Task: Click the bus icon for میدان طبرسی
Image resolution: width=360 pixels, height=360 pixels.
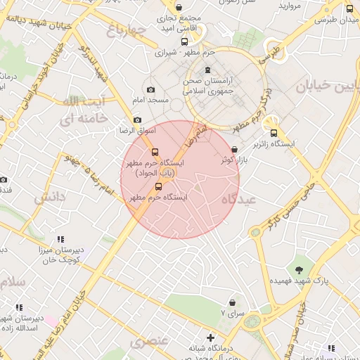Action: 349,9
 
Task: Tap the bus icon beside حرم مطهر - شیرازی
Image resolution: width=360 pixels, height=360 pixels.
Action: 185,42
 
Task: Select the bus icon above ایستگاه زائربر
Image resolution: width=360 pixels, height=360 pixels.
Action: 274,133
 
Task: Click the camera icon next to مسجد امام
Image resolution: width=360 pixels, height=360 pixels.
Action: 150,89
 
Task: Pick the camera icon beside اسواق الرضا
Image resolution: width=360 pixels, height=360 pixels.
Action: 137,120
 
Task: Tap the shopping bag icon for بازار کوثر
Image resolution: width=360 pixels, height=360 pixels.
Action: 234,149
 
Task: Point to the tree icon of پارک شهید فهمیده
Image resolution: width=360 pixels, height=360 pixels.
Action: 300,270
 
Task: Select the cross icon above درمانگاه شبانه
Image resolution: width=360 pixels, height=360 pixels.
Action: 210,338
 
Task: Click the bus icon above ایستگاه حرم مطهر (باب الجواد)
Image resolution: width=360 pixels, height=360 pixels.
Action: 155,152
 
